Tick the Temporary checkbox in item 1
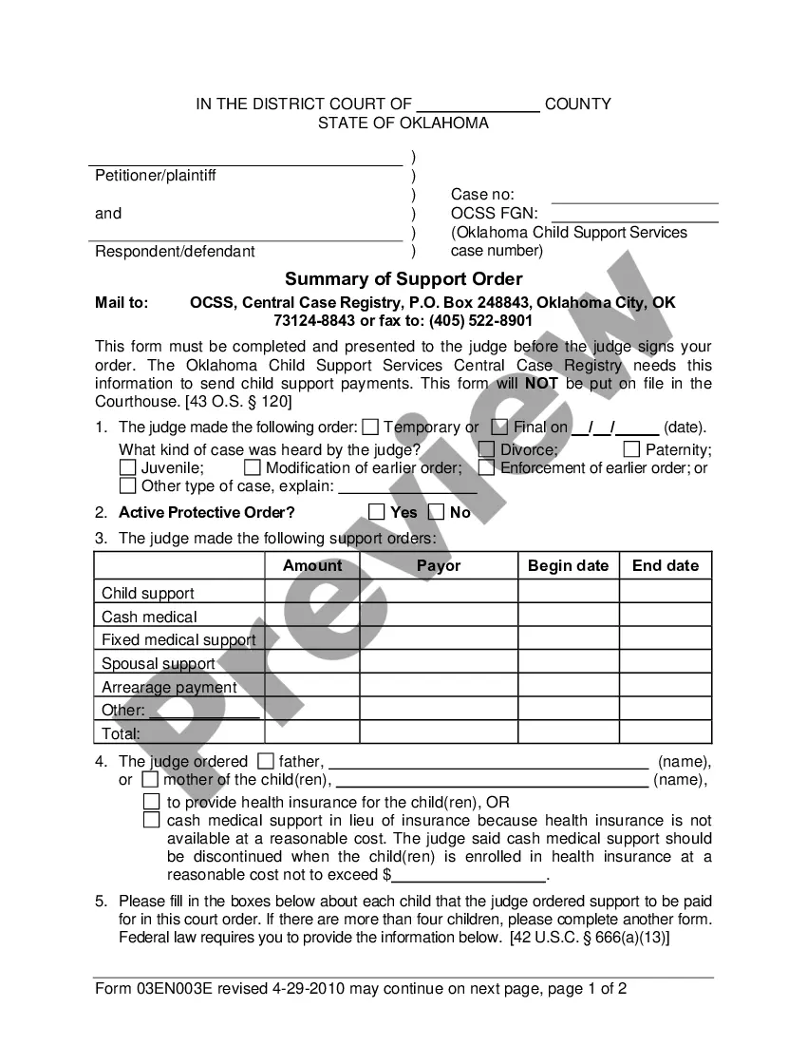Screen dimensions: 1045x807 point(370,427)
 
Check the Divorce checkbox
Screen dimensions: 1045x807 point(486,449)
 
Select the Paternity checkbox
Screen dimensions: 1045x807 point(631,449)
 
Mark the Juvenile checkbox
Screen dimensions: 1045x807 point(127,467)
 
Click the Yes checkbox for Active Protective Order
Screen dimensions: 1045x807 point(376,512)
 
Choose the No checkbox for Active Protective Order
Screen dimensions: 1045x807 point(437,512)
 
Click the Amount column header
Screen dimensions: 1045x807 point(312,565)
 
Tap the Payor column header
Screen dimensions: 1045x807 point(439,565)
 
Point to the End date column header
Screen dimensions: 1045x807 point(666,565)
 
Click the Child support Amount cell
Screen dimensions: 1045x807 point(312,592)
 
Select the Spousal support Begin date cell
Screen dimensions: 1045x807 point(569,662)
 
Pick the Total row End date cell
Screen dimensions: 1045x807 point(666,732)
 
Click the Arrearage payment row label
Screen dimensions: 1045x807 point(169,687)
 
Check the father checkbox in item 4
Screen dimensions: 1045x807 point(266,761)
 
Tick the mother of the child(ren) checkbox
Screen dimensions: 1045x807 point(150,780)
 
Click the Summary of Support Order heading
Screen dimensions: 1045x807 point(403,278)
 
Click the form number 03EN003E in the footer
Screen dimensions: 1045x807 point(176,988)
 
